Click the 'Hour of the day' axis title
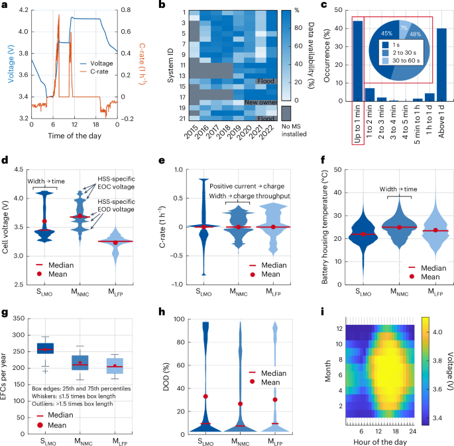(377, 441)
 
